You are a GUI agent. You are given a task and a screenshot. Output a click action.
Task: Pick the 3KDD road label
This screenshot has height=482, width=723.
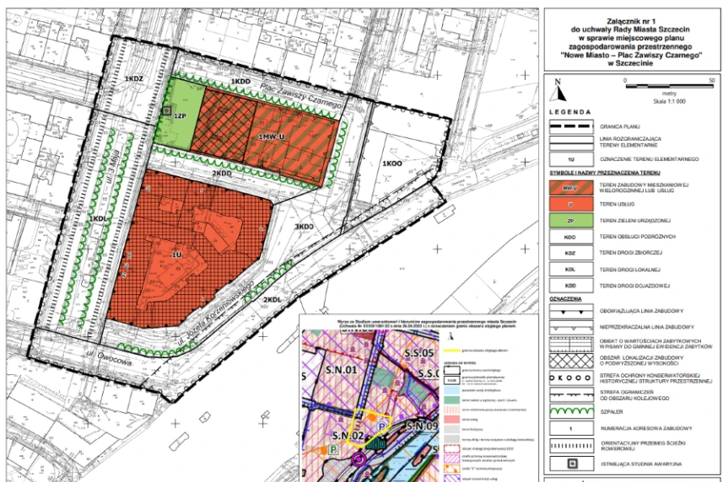coord(303,227)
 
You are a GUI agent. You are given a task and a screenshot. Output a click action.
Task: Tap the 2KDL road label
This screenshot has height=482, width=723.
coord(271,300)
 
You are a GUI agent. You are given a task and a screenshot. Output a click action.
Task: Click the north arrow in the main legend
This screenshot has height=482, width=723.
coord(558,83)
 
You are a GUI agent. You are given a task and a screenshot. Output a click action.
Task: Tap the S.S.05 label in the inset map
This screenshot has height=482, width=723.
coord(419,351)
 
